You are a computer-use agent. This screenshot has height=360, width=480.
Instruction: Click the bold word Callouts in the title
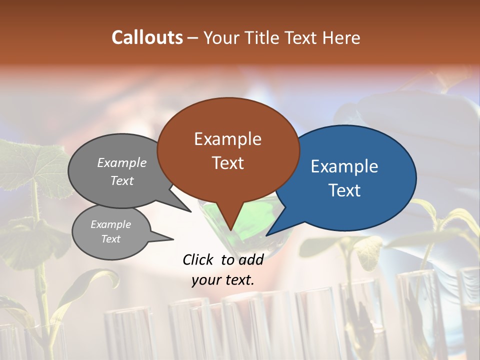coord(147,37)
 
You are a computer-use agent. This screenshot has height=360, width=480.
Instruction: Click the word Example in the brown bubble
coord(227,139)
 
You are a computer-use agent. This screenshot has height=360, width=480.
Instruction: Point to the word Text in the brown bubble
coord(227,163)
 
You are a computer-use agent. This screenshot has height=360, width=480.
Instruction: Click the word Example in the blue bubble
coord(344,166)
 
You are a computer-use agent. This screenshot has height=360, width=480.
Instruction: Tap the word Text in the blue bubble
coord(344,190)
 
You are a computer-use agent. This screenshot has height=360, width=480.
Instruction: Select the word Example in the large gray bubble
coord(122,162)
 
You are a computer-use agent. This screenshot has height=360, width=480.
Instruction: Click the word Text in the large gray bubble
coord(122,180)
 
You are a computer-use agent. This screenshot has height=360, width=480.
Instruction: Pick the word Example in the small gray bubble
coord(110,224)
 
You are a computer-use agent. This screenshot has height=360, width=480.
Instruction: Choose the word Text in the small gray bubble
coord(110,239)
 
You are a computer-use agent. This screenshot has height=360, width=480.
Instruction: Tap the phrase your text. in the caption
coord(223,280)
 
